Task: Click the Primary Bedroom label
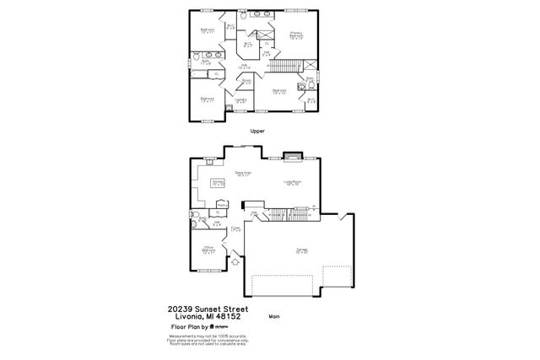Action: tap(297, 35)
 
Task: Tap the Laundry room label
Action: tap(241, 99)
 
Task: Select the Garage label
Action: tap(301, 250)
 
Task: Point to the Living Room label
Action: tap(292, 182)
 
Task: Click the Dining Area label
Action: tap(244, 174)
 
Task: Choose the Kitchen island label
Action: tap(218, 182)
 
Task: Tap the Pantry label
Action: tap(222, 203)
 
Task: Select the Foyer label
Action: tap(236, 228)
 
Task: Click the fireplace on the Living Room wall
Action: tap(293, 155)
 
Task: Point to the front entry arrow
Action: tap(235, 262)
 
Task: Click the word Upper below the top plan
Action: tap(258, 132)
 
